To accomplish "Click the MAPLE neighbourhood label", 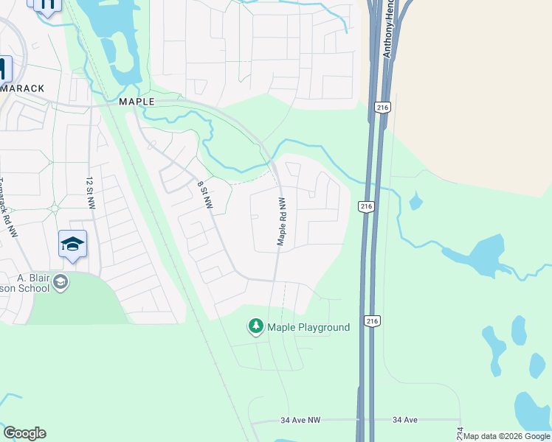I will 137,102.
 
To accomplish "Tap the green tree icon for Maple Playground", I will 256,326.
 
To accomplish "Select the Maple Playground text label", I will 308,327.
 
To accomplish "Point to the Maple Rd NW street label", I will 281,222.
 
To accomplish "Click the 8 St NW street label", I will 205,194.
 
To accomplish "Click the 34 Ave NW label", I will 300,421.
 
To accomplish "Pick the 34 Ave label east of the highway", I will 405,420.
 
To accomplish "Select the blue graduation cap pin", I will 72,244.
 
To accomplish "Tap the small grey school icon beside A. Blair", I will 61,282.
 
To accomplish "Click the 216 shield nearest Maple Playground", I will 372,321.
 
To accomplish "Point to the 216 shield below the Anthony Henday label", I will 382,108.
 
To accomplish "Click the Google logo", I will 24,433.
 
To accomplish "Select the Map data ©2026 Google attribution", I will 506,436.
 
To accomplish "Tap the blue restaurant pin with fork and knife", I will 47,4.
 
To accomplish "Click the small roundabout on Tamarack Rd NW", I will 55,208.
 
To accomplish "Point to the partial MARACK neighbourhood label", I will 22,88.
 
